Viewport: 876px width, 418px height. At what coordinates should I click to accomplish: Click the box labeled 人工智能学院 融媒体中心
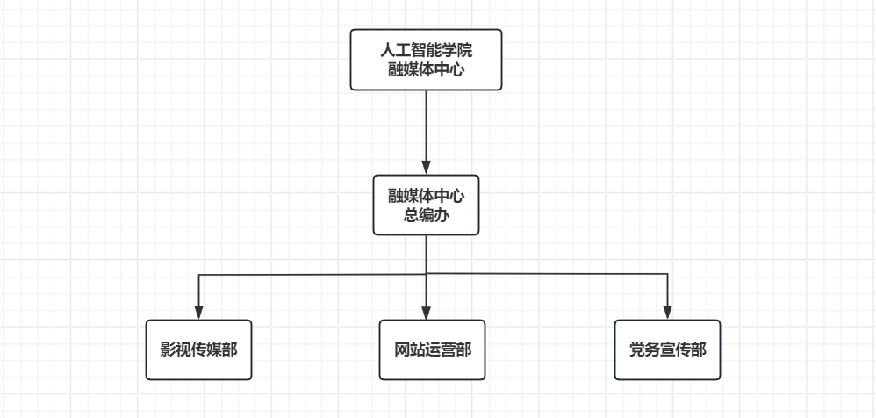(426, 60)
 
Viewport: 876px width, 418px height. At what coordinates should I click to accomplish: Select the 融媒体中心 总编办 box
(426, 205)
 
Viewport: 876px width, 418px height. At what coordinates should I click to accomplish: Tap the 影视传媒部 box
(198, 350)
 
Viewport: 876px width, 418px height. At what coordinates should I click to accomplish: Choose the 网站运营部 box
(433, 350)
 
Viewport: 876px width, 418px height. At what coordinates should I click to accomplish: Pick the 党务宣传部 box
(667, 350)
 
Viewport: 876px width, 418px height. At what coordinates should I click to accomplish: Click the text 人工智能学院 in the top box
(426, 50)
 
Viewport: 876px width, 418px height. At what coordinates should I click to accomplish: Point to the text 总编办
(426, 215)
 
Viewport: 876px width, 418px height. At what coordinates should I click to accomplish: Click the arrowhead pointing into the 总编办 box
(426, 167)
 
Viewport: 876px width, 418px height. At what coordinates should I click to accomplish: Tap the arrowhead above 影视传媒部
(198, 312)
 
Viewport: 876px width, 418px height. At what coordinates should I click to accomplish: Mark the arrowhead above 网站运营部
(427, 312)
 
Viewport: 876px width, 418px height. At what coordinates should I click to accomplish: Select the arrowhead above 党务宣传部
(667, 312)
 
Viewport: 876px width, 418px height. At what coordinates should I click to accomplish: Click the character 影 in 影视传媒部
(168, 350)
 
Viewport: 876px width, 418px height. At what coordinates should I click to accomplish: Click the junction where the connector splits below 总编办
(427, 275)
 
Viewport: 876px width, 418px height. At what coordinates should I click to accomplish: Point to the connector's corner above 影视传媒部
(198, 276)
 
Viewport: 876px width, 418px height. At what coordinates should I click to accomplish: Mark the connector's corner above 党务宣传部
(667, 275)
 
